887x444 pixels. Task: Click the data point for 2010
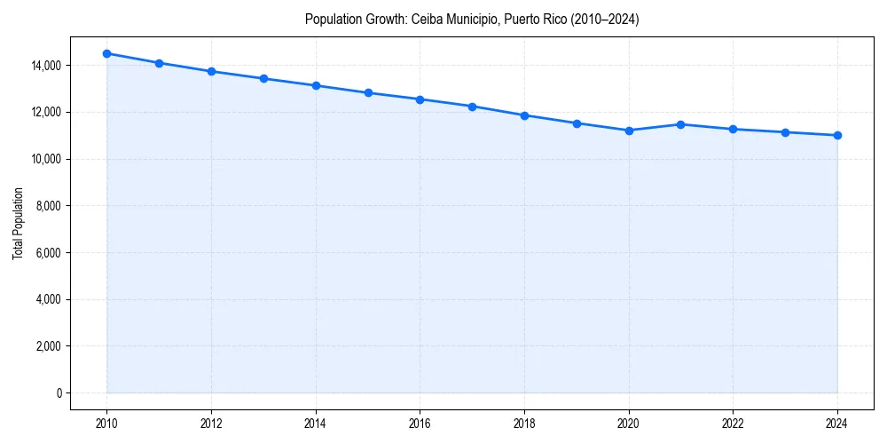[106, 53]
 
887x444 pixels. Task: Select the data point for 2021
[680, 124]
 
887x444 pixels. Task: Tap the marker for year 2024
[837, 135]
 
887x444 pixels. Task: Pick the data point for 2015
[368, 92]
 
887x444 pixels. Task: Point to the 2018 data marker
[524, 115]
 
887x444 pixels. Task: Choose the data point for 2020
[629, 131]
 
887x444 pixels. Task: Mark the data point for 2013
[263, 78]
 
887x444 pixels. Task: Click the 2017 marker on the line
[472, 107]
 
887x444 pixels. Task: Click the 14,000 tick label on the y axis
[45, 66]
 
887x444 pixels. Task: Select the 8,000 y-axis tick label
[48, 206]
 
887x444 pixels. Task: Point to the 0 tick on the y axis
[59, 393]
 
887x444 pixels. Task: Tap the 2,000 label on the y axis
[48, 346]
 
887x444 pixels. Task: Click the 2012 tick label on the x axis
[211, 423]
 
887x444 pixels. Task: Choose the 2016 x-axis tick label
[420, 423]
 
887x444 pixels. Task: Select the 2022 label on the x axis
[733, 423]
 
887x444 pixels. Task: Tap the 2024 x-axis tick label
[837, 423]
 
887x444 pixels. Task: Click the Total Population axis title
[19, 224]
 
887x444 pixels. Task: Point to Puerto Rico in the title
[532, 19]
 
